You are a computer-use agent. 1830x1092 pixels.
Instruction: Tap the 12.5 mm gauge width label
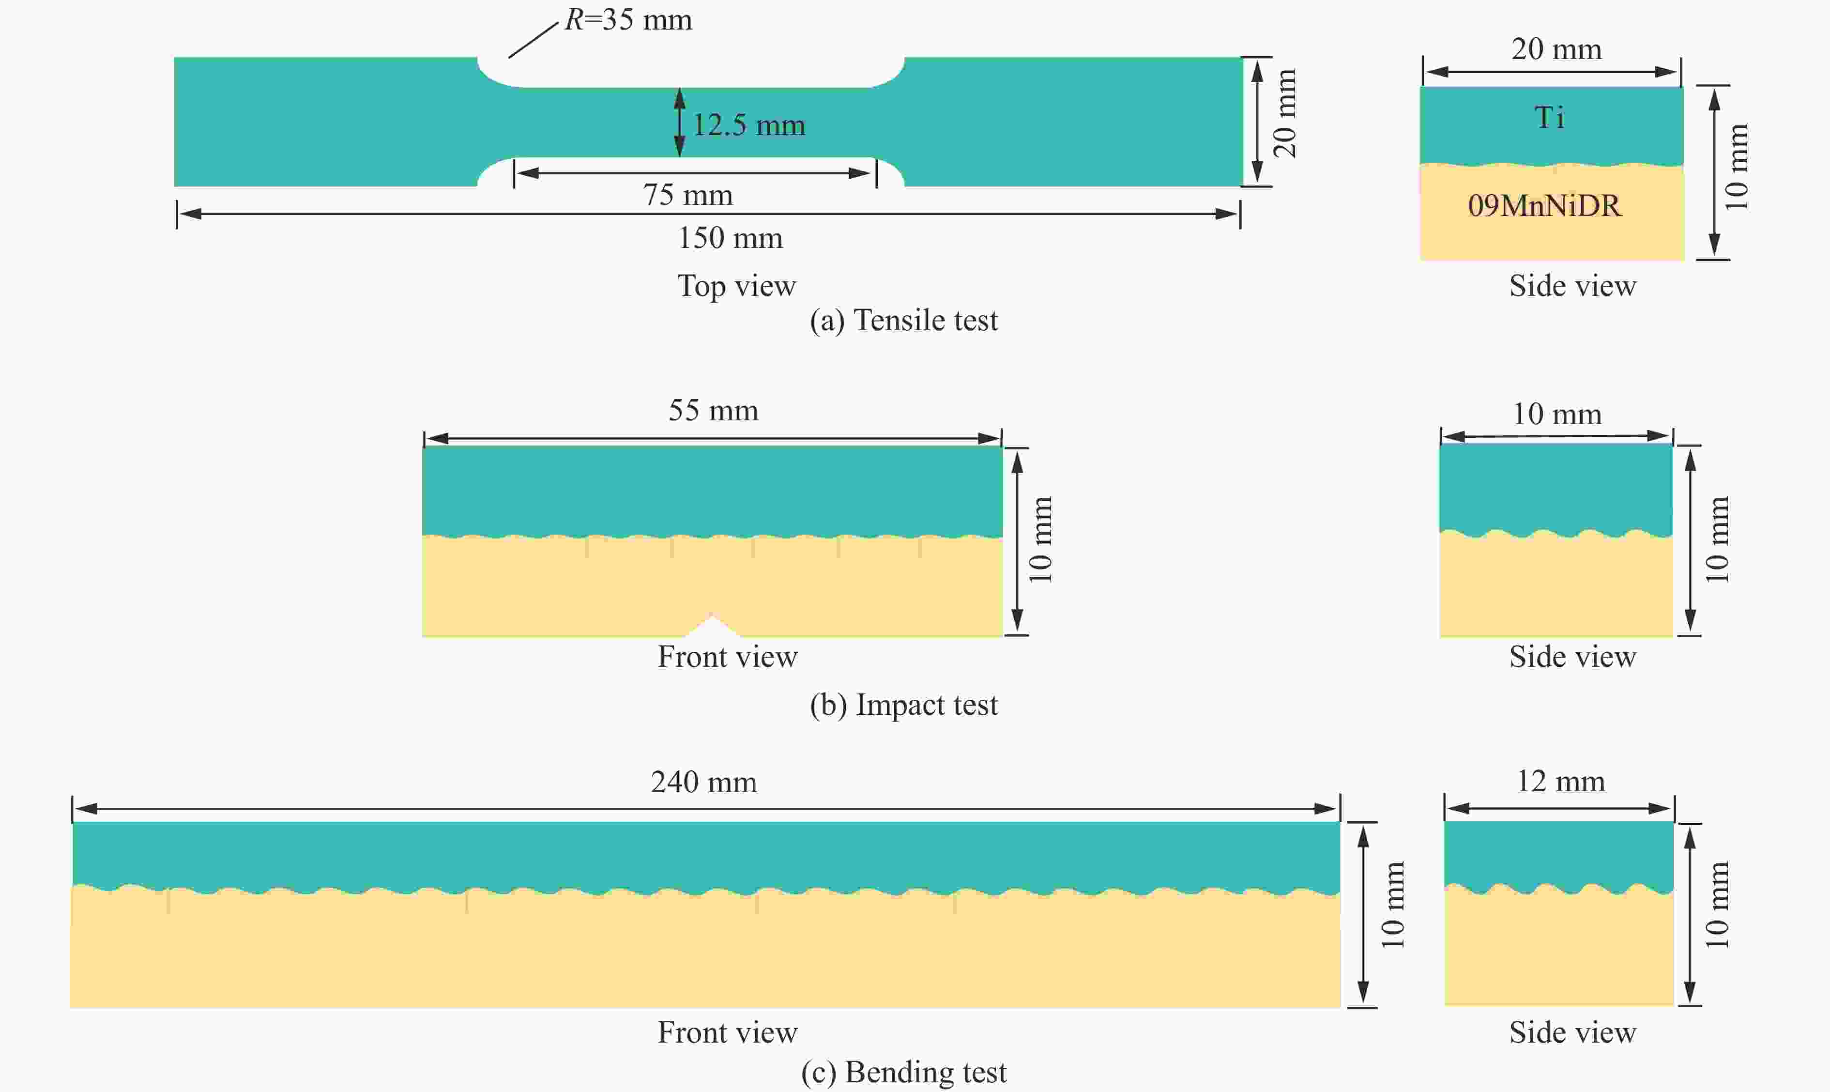749,124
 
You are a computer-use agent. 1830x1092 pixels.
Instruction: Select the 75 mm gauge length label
688,195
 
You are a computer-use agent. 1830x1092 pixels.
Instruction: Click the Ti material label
1549,117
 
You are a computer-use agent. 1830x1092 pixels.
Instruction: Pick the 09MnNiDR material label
1544,205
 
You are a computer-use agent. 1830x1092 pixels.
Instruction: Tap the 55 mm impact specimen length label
713,410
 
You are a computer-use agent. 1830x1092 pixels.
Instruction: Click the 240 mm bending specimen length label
703,782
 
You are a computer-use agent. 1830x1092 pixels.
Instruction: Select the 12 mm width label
1561,781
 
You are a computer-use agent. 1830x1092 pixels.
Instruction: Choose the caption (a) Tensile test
903,320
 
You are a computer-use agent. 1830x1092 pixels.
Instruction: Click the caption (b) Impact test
903,705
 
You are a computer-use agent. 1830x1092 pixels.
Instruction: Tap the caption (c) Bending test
903,1072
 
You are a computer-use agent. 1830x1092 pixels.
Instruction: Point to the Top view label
736,286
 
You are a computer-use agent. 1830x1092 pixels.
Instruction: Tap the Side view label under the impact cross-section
1572,656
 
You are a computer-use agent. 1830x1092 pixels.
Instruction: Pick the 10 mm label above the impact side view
1556,414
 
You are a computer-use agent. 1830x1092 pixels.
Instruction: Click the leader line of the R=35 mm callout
533,40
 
